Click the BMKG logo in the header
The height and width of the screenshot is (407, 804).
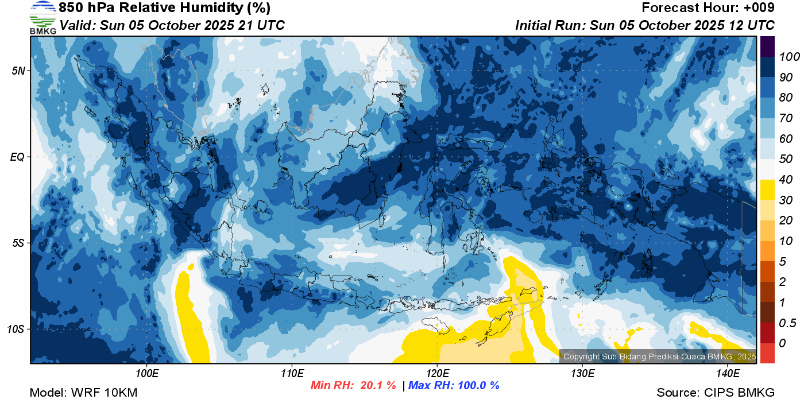(x=42, y=17)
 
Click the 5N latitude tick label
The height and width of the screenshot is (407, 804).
(x=18, y=71)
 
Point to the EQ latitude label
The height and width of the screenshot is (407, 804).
(x=17, y=157)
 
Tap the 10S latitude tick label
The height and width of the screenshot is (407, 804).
(x=16, y=329)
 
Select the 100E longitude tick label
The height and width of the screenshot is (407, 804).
(x=147, y=373)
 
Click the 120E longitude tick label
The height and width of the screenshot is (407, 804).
(x=438, y=373)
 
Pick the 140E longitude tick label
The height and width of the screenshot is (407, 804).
(x=728, y=373)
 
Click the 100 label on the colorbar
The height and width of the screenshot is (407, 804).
(x=789, y=57)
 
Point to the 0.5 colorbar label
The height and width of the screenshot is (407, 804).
(x=787, y=323)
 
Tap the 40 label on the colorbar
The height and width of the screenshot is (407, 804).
(x=786, y=180)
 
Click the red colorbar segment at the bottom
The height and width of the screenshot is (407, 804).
(x=767, y=353)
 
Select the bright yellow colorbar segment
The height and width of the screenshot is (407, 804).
(x=767, y=189)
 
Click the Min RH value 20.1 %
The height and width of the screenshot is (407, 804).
(x=378, y=385)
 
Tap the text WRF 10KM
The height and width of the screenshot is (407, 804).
(x=104, y=393)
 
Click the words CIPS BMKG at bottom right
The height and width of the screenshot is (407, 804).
(x=739, y=393)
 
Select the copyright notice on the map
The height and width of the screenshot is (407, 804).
(x=660, y=356)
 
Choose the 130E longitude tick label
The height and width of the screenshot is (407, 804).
(x=582, y=373)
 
